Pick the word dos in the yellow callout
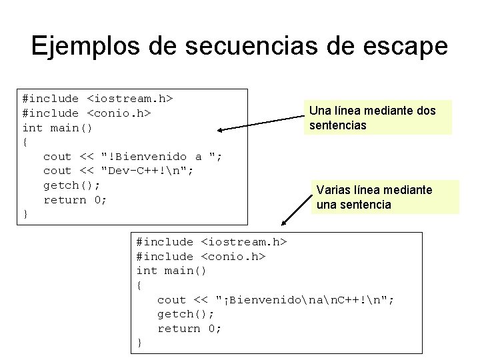pos(425,111)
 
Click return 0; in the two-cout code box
pos(75,200)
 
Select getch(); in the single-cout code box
pos(185,314)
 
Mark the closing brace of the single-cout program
pos(139,343)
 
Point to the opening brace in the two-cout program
pos(25,142)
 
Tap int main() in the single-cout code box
pos(171,271)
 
